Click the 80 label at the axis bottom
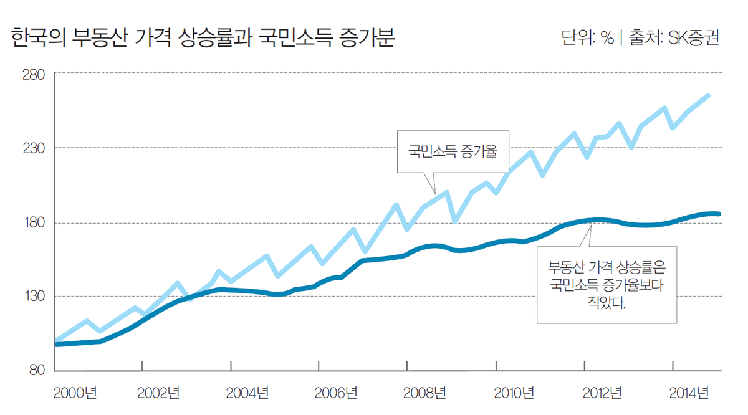35,370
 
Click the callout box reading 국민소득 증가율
453,151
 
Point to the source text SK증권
693,38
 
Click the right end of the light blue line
708,96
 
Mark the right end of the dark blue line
719,214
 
